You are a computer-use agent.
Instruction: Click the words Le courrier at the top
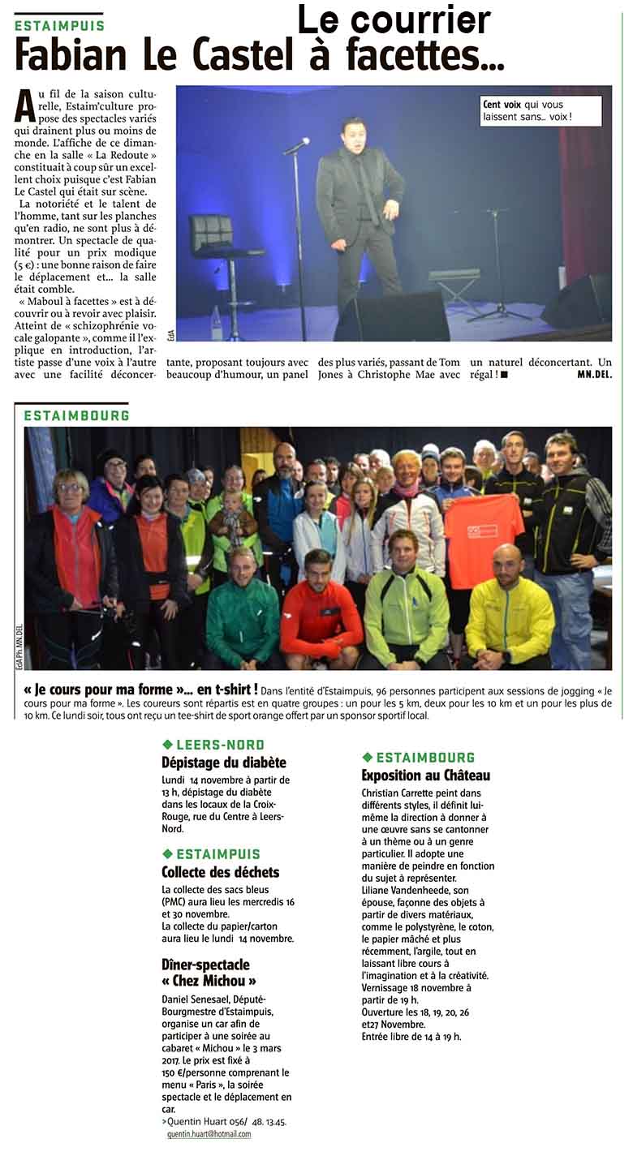[x=394, y=19]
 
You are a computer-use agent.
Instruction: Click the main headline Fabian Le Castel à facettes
[x=260, y=55]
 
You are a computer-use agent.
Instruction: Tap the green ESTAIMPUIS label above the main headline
[x=59, y=25]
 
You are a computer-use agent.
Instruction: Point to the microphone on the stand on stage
[x=298, y=145]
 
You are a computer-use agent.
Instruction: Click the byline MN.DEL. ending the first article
[x=593, y=374]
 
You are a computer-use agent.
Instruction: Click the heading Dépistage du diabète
[x=223, y=763]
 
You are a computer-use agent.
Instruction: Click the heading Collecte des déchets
[x=220, y=872]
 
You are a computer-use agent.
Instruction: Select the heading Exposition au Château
[x=425, y=775]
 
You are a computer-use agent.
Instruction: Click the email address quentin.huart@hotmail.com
[x=209, y=1134]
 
